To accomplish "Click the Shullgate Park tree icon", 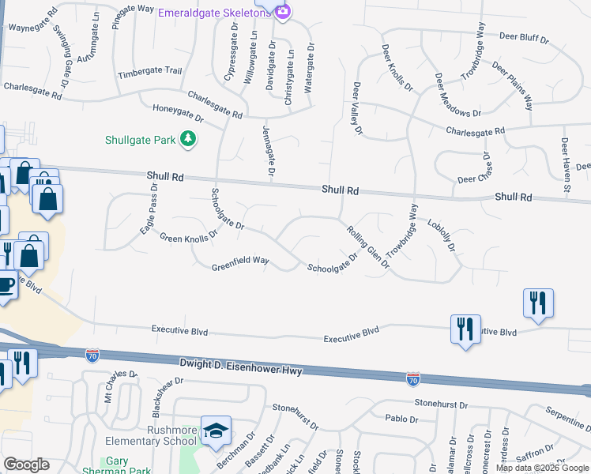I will click(188, 140).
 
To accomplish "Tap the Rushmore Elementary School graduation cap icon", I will click(216, 431).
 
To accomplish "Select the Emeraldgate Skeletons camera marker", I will click(283, 11).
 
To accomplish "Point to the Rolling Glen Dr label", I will click(369, 247).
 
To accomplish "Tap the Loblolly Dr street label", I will click(442, 235).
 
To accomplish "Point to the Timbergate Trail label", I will click(149, 73).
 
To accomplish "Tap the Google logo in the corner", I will click(26, 465).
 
